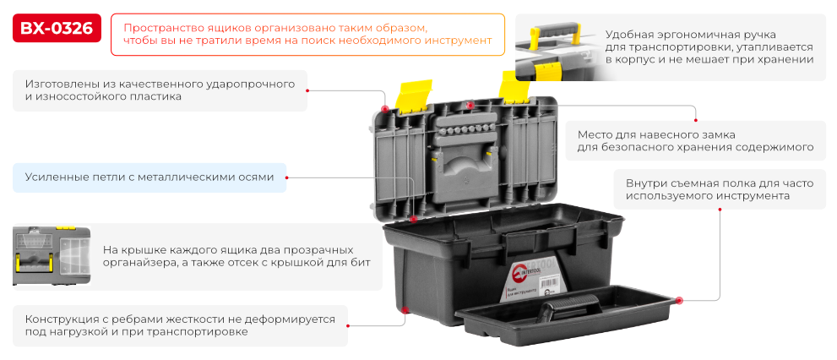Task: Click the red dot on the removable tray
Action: (677, 299)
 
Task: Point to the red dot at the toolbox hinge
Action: (413, 220)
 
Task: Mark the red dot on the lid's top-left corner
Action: (385, 109)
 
